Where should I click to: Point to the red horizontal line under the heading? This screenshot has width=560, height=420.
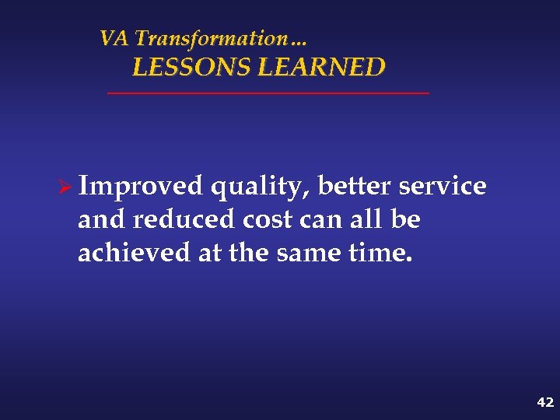268,93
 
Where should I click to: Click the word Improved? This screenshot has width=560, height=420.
141,187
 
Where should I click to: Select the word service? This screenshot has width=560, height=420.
443,187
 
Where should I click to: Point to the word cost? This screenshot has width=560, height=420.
268,221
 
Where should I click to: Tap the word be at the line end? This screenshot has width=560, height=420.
405,220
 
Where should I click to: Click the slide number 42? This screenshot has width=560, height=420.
544,402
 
